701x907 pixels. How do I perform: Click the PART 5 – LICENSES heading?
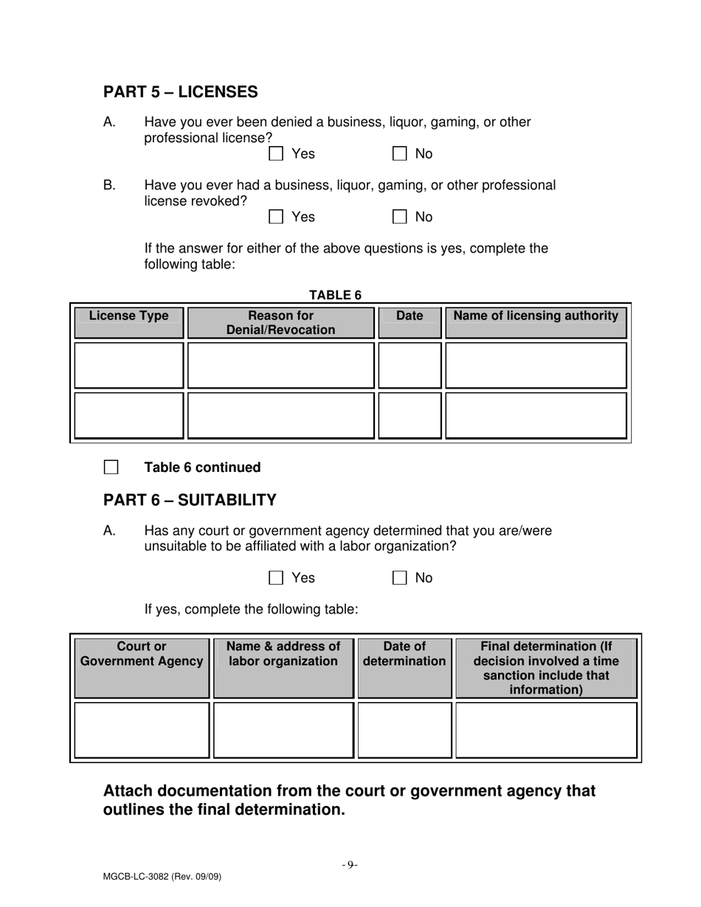pos(181,92)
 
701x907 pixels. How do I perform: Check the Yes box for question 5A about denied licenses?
pos(276,154)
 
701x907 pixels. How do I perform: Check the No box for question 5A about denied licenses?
pos(399,154)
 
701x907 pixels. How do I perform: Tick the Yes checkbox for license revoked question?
pos(276,217)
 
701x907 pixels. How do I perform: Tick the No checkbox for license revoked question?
pos(399,217)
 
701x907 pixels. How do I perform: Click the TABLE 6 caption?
pos(335,295)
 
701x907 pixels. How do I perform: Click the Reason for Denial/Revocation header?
pos(280,323)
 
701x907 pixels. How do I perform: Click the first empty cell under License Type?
pos(128,365)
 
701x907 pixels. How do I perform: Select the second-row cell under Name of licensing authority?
pos(536,415)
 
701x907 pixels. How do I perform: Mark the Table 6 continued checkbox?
pos(111,468)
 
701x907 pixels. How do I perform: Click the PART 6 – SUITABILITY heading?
pos(190,501)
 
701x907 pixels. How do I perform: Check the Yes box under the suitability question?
pos(276,578)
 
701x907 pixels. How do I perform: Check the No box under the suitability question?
pos(399,578)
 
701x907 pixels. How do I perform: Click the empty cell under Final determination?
pos(546,730)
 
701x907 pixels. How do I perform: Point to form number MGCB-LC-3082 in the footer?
pos(162,877)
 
